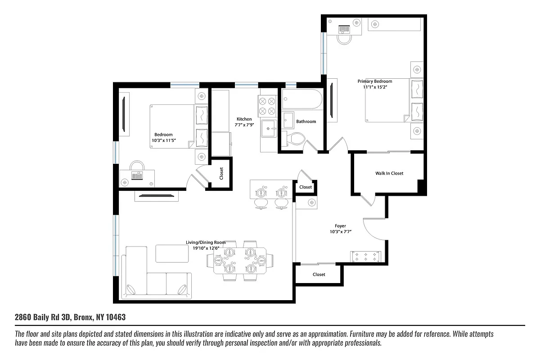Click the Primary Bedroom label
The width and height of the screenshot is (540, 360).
(x=375, y=81)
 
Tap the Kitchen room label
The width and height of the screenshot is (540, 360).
(x=244, y=119)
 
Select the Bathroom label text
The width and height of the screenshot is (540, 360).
(x=306, y=121)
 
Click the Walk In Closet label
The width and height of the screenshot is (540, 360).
(x=389, y=173)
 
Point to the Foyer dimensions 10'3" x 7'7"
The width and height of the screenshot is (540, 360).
(x=340, y=232)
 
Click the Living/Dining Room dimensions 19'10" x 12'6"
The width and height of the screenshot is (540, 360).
(x=206, y=248)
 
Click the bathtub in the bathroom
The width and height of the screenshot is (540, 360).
(x=301, y=99)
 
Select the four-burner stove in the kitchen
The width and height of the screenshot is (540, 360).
(x=266, y=106)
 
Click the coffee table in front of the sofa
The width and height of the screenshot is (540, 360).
(x=172, y=253)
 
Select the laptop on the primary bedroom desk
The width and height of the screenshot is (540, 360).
(x=344, y=29)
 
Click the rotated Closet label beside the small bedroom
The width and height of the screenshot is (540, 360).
(x=221, y=173)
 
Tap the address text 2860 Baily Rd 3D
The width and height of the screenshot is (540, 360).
(x=43, y=317)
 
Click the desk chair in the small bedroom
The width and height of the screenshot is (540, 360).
(x=137, y=166)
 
